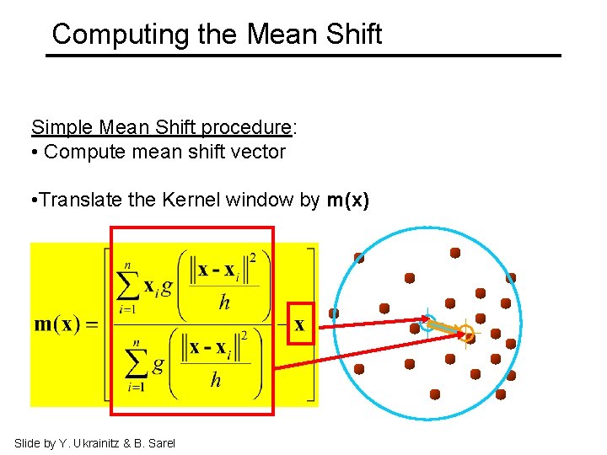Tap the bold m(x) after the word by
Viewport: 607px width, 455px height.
click(x=347, y=201)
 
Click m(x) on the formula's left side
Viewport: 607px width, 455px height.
click(x=63, y=324)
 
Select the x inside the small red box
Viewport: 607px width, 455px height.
click(x=299, y=324)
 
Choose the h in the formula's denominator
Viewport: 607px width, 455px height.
click(x=216, y=380)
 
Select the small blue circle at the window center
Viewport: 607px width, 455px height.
click(x=428, y=322)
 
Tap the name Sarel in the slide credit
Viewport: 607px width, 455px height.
click(x=161, y=443)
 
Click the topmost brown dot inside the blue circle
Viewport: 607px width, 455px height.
click(x=455, y=252)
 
